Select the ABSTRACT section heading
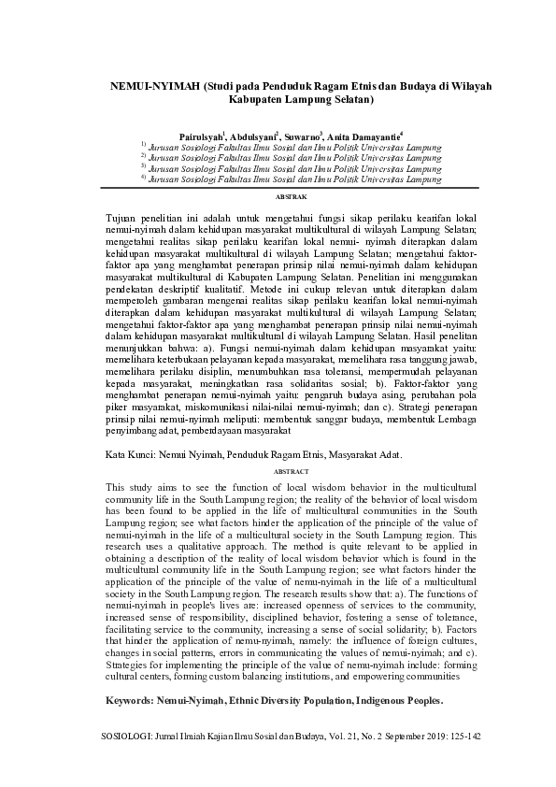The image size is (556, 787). click(290, 473)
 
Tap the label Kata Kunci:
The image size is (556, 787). click(132, 453)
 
